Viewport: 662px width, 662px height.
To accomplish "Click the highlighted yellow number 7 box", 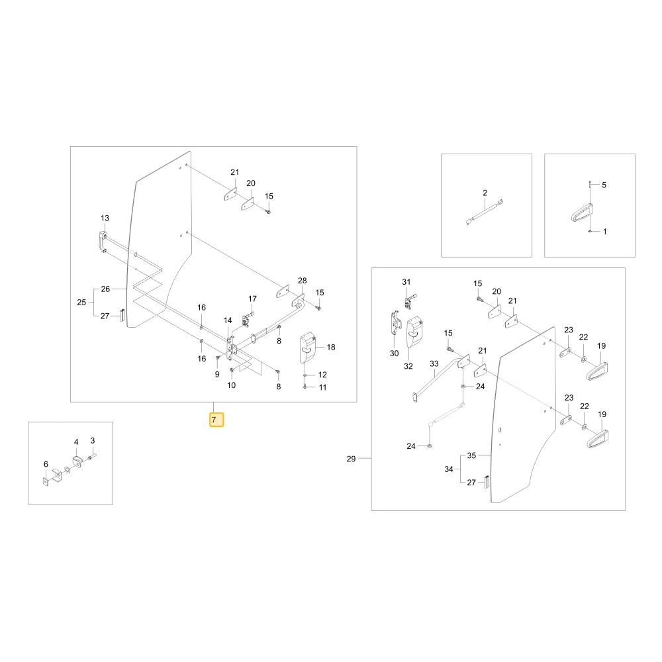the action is [x=216, y=420].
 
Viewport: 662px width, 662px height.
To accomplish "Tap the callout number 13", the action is [x=105, y=218].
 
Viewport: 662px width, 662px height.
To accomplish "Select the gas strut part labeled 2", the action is [x=485, y=212].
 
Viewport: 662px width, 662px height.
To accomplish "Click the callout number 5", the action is [x=604, y=185].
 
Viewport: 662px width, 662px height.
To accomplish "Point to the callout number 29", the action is [x=351, y=459].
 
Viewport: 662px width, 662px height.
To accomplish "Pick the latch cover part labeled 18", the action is [x=308, y=348].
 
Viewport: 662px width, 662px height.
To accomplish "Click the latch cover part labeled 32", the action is [x=415, y=332].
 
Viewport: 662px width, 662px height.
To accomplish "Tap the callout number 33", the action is [x=434, y=363].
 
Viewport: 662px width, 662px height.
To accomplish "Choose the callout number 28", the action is [x=303, y=280].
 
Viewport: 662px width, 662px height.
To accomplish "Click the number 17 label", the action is [x=252, y=299].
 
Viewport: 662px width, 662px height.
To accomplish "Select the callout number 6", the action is [x=46, y=464].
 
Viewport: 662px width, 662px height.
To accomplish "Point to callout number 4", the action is [x=76, y=442].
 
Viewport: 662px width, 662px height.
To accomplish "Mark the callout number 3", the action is [x=93, y=440].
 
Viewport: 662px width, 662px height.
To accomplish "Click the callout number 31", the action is [x=406, y=281].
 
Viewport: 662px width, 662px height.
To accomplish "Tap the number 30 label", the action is [x=394, y=353].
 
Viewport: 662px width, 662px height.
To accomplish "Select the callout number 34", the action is [x=449, y=469].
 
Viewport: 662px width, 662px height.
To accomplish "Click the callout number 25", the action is [x=81, y=303].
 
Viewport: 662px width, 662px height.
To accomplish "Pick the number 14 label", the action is [x=228, y=320].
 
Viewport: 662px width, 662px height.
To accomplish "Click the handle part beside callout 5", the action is [x=582, y=213].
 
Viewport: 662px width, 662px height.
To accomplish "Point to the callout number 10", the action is [x=231, y=385].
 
